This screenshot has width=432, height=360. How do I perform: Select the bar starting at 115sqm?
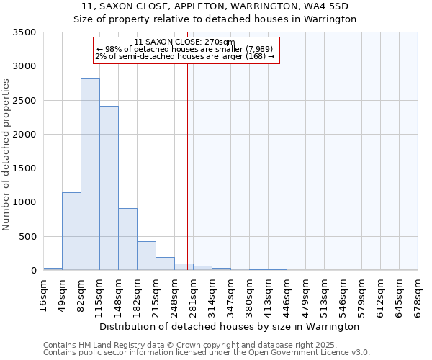coord(109,188)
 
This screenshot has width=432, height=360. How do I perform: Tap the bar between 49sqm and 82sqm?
coord(71,231)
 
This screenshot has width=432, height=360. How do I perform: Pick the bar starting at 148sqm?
coord(127,239)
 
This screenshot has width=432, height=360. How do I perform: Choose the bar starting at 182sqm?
coord(146,256)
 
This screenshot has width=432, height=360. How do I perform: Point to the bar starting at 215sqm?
coord(165,264)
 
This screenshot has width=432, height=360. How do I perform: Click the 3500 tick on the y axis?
coord(25,32)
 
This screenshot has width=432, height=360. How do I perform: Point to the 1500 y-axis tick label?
coord(25,168)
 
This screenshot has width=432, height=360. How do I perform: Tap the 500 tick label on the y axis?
coord(28,237)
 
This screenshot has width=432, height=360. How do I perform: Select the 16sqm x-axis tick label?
coord(43,294)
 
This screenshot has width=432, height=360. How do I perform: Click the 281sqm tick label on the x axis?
coord(193,294)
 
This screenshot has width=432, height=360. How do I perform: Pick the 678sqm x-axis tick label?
coord(418,294)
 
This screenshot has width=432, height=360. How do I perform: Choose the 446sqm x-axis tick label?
coord(287,294)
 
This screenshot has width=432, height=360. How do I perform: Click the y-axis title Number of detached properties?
coord(6,155)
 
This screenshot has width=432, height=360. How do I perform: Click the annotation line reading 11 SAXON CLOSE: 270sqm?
coord(185,42)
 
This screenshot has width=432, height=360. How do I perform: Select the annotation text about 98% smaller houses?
coord(184,49)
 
